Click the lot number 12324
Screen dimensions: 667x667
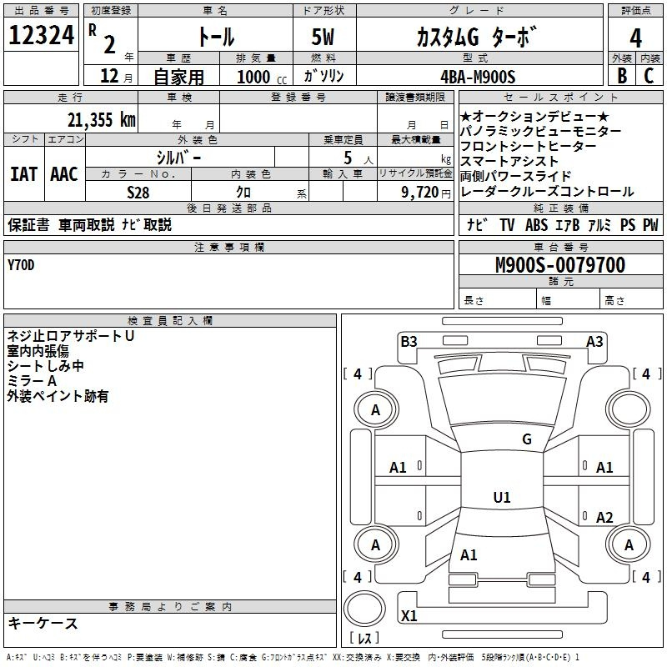tap(41, 35)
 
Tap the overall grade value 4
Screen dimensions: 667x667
tap(635, 38)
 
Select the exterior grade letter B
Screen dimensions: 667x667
tap(622, 76)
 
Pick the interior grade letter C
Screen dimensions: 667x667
tap(649, 76)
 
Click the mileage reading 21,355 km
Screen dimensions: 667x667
tap(102, 120)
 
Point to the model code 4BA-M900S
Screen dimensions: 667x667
tap(478, 77)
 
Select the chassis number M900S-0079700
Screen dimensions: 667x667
tap(560, 265)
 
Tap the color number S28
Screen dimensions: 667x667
tap(138, 193)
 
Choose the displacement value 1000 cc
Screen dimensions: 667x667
tap(262, 77)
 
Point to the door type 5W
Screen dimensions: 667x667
tap(323, 37)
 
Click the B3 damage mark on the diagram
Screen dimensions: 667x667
tap(409, 342)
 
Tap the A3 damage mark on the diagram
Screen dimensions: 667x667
tap(594, 342)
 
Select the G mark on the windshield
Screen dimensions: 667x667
tap(527, 439)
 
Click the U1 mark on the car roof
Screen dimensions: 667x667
tap(502, 497)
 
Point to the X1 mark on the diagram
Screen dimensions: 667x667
tap(409, 615)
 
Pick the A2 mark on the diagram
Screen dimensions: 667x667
tap(604, 518)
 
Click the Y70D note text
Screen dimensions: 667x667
tap(21, 265)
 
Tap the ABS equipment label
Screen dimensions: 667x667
tap(536, 225)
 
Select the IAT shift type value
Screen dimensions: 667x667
tap(23, 174)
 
